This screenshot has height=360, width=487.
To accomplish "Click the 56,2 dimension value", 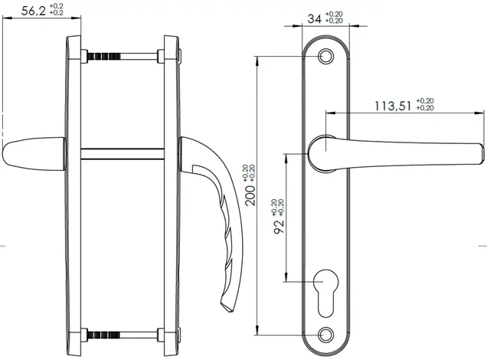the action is point(34,11).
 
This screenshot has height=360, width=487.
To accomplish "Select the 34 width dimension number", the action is point(314,19).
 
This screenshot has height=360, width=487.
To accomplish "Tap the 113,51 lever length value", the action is point(393,106).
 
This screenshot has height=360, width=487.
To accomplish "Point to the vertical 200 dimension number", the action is point(250,196).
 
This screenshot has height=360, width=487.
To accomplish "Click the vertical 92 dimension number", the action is point(279,227).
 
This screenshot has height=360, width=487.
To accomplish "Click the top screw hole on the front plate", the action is point(325,57).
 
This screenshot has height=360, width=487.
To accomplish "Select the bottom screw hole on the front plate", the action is point(325,335).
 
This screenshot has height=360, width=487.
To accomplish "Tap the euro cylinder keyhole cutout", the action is point(325,293).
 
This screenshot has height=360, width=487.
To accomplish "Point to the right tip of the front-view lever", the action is point(484,153).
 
